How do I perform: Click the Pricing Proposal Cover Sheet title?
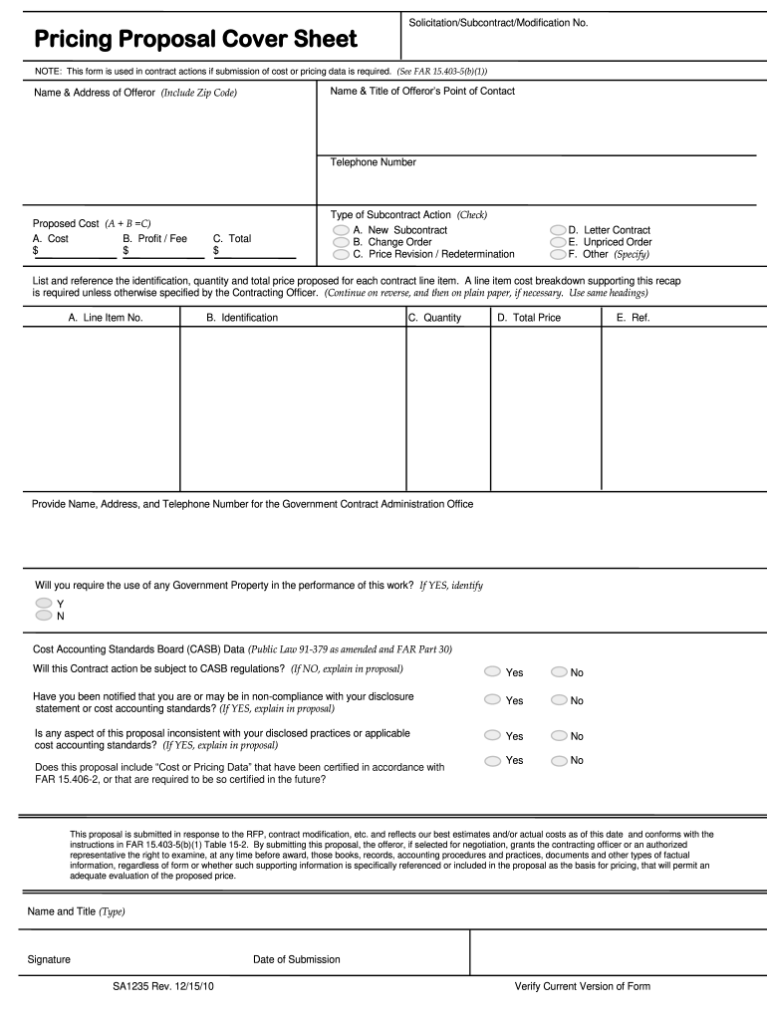click(x=195, y=39)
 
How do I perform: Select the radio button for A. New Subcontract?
click(x=341, y=230)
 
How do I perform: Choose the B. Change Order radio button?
click(x=341, y=242)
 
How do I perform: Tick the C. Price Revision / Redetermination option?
click(x=341, y=254)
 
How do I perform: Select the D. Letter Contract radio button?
click(x=558, y=230)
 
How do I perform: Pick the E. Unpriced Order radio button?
click(x=558, y=242)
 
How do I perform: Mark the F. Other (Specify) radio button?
click(x=558, y=254)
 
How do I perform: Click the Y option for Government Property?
click(x=44, y=604)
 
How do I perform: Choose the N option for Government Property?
click(x=44, y=616)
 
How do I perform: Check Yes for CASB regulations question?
click(x=493, y=671)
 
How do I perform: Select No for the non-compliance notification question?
click(x=559, y=699)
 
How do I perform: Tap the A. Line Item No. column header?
click(x=106, y=318)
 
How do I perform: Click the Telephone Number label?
click(x=374, y=162)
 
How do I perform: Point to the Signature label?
click(x=49, y=959)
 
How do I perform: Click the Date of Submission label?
click(x=297, y=959)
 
